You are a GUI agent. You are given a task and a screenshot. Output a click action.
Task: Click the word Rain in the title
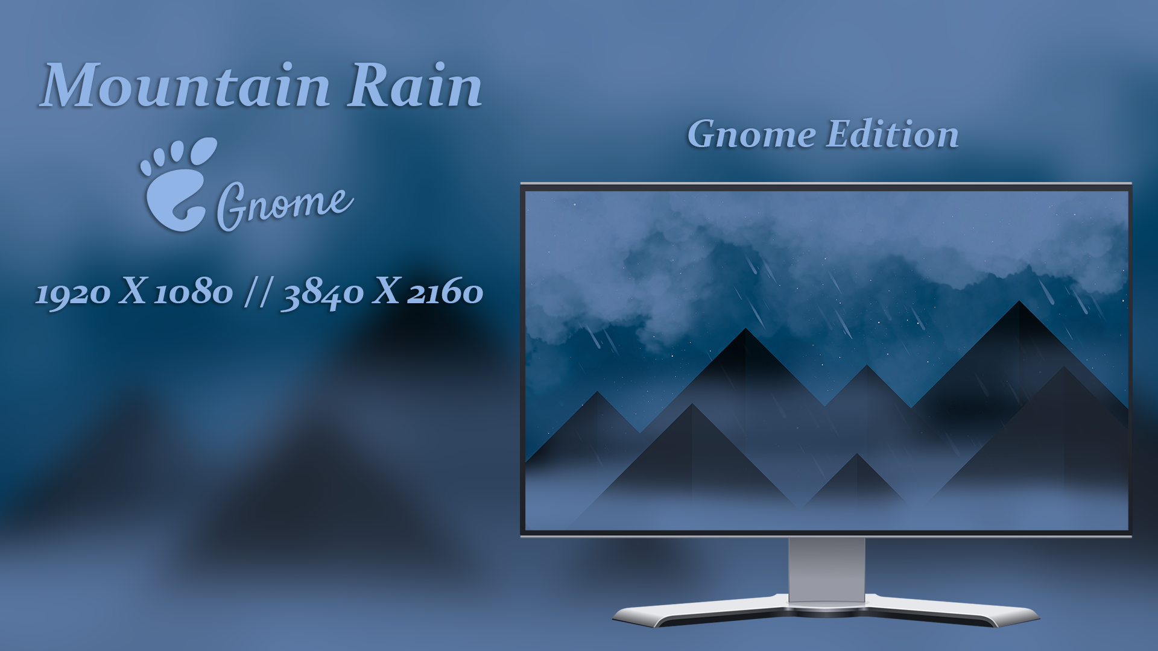tap(415, 86)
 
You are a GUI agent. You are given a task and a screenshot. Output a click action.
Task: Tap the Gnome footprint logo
tap(179, 184)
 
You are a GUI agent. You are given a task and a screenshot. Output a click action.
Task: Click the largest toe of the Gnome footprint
tap(203, 151)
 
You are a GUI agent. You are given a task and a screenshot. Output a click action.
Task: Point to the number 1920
tap(73, 294)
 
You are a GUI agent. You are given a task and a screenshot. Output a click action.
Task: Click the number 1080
tap(194, 292)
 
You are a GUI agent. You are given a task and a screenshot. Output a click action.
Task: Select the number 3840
tap(322, 294)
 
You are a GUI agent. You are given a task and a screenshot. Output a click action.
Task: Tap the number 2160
tap(445, 292)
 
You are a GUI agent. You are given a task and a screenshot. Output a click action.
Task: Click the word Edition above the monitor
tap(892, 134)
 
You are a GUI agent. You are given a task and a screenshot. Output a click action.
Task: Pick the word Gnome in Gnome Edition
tap(751, 134)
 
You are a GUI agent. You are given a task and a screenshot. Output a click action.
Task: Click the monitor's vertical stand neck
tap(826, 569)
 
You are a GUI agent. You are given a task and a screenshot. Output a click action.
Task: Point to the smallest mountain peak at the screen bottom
tap(856, 454)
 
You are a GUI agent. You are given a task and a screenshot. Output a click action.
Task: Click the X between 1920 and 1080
tap(133, 292)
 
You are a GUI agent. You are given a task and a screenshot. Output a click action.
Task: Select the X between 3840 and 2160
tap(386, 292)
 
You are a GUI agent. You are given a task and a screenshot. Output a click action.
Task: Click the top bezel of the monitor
tap(826, 187)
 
